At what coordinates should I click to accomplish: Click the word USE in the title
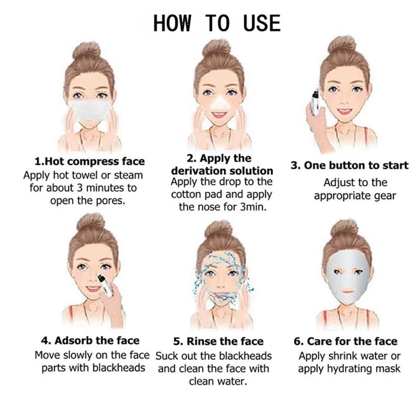261,23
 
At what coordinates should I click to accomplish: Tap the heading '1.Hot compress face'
89,162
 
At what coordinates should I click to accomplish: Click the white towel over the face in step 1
89,110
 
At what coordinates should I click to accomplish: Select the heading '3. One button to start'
350,165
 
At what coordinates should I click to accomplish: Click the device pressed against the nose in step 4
104,285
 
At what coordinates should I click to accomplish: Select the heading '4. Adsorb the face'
90,341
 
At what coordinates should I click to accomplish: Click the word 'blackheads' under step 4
119,367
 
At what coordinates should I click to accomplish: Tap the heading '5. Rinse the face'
218,342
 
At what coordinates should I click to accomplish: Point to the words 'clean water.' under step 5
218,381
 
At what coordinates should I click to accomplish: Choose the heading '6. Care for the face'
345,342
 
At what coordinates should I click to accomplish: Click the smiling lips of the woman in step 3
345,112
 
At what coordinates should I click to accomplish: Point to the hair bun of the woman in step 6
344,228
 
